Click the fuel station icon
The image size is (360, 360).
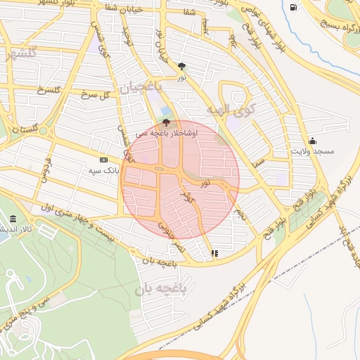[x=292, y=8]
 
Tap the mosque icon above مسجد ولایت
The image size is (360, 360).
[x=312, y=141]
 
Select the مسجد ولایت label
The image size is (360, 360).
[x=313, y=152]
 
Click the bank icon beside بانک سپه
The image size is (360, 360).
[x=104, y=160]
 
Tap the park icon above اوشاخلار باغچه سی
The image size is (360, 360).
[x=166, y=122]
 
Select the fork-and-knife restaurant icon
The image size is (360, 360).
[x=214, y=253]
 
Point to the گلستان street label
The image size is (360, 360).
[x=25, y=131]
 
